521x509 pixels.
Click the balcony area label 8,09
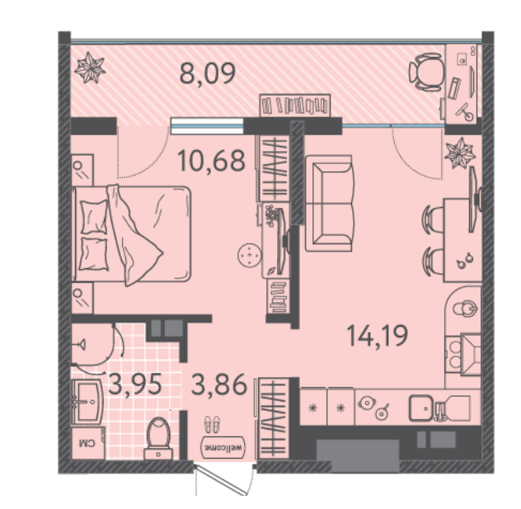pos(208,73)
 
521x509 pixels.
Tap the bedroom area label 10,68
pos(211,161)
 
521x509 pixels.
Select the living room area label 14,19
pos(377,336)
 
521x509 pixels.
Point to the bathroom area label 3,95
pos(135,384)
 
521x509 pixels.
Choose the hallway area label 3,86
pos(219,384)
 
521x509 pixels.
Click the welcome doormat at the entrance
pos(223,447)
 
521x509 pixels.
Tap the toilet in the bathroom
pos(158,438)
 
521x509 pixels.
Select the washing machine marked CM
pos(88,443)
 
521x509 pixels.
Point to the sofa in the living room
pos(329,203)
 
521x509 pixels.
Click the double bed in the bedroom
pos(132,233)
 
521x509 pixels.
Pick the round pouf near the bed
pos(250,255)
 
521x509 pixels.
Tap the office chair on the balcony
pos(426,72)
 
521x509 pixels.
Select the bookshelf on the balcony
pos(295,106)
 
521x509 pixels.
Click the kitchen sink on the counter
pos(420,408)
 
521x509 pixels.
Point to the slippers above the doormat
pos(212,424)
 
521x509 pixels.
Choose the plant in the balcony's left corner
pos(90,68)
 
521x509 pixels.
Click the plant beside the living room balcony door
pos(460,153)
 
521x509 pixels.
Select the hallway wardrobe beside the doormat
pos(273,419)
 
